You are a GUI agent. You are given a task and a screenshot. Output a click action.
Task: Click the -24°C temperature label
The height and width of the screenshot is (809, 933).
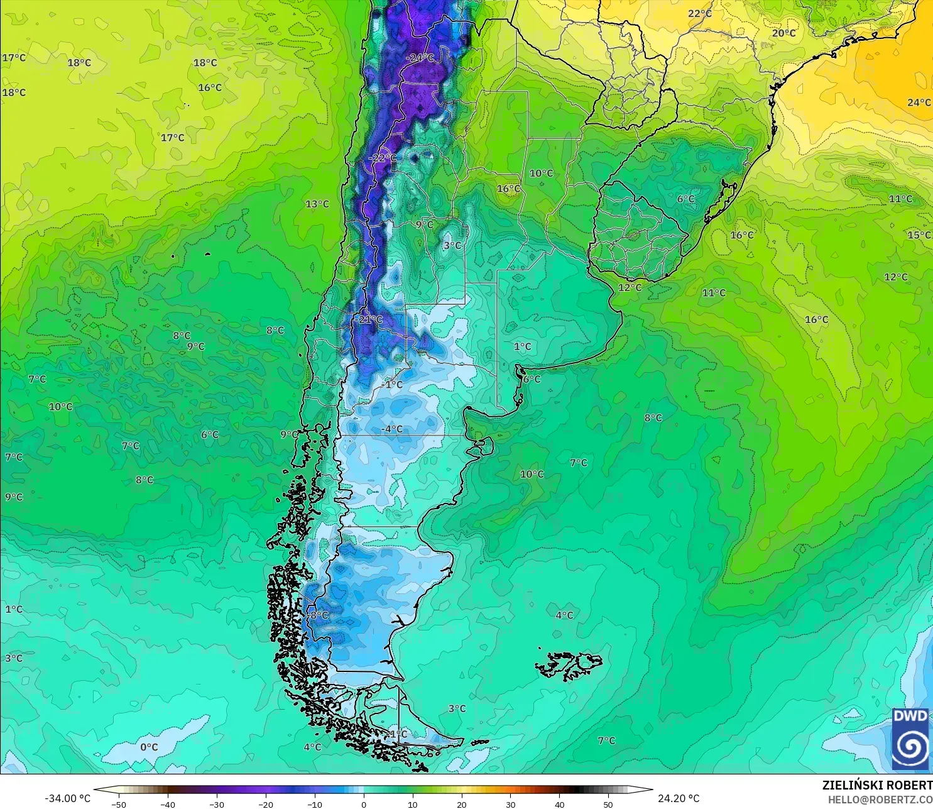(420, 58)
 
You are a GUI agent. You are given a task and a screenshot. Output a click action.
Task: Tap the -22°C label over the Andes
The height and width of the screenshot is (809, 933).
(383, 158)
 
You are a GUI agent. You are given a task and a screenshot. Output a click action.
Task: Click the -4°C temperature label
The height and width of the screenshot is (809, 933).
(392, 429)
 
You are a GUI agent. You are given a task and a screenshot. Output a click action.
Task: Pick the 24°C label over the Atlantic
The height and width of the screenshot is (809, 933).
(919, 102)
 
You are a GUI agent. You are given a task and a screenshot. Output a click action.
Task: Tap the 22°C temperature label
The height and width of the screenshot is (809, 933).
(699, 14)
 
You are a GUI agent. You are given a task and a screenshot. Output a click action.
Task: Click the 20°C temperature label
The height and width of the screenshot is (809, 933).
(783, 33)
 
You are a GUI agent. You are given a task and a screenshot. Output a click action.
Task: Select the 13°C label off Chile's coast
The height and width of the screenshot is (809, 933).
(317, 204)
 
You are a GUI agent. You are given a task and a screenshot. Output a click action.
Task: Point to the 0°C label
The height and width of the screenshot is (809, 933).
(149, 747)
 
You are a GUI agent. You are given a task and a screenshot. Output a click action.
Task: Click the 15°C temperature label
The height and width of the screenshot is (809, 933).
(919, 235)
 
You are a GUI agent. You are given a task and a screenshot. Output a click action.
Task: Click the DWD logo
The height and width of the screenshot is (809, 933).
(910, 739)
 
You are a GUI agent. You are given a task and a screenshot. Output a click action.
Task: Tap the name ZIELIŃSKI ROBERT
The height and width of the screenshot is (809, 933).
(877, 785)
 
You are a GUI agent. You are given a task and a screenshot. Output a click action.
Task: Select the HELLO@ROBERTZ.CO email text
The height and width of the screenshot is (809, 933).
(880, 800)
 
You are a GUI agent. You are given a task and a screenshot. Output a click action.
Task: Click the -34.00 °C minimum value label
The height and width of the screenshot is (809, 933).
(68, 798)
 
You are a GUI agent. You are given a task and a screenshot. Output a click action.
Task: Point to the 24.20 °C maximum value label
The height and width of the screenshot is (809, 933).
(679, 798)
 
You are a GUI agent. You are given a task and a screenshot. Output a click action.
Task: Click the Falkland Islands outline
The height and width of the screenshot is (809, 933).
(569, 665)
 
